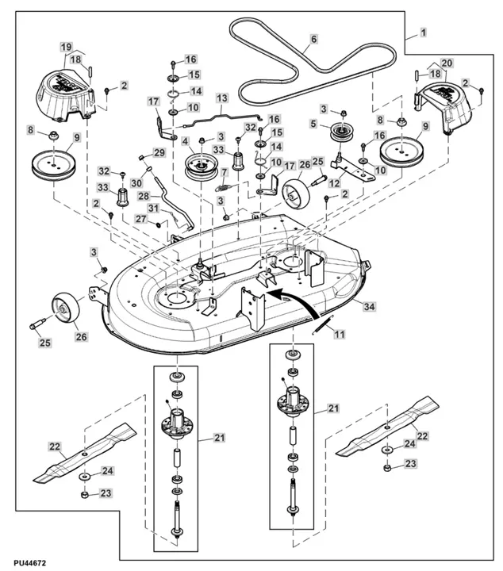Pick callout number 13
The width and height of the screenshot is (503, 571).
pyautogui.click(x=221, y=98)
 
